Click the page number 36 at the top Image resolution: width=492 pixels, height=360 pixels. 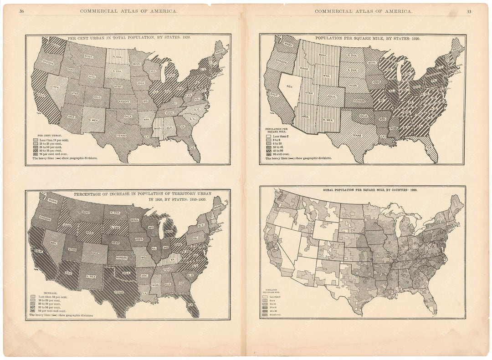21,11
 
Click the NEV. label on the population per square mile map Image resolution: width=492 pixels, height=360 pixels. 289,86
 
